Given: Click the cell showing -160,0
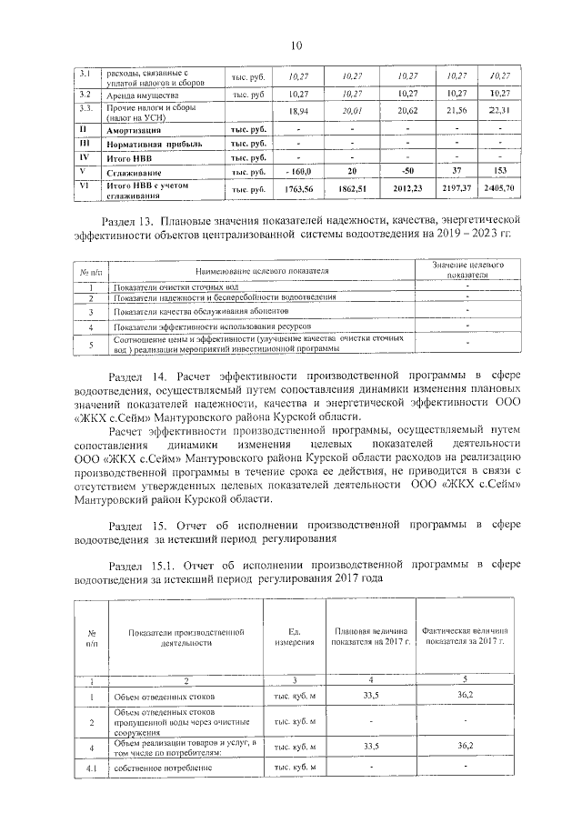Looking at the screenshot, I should coord(297,171).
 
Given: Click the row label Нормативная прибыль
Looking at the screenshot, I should coord(151,143).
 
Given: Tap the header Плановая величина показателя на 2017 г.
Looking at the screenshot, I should coord(370,636).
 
